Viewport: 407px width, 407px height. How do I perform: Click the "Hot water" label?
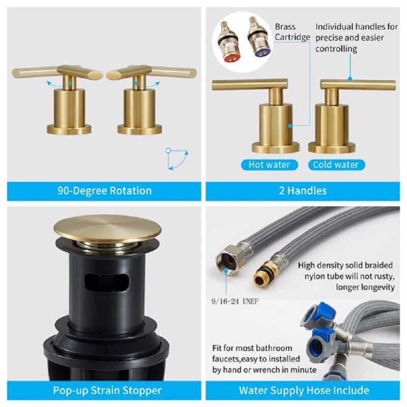269,165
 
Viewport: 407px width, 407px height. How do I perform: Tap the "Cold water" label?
335,165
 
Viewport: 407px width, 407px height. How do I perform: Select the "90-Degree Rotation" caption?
104,191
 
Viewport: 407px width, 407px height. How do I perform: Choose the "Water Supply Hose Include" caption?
304,391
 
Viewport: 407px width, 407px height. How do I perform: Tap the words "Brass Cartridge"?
292,32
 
